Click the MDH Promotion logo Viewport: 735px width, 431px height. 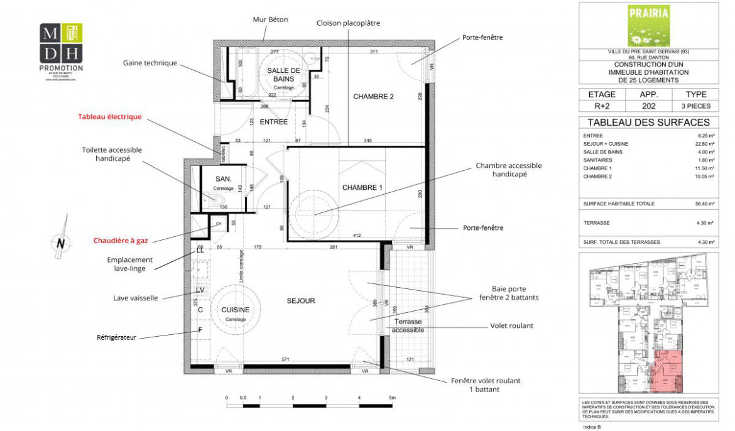click(61, 47)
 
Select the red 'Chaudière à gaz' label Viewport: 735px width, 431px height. click(122, 240)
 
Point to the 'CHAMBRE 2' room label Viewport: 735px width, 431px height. click(373, 96)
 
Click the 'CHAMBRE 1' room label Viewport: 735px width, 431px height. click(362, 188)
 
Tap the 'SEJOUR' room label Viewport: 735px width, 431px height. click(300, 301)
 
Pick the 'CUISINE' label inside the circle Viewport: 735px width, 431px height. click(235, 310)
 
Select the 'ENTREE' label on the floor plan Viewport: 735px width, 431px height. click(273, 122)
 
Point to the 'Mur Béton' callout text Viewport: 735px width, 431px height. click(269, 19)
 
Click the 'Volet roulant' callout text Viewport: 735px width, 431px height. click(511, 326)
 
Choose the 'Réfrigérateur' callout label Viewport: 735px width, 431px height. click(116, 337)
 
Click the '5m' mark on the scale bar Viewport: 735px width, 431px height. click(391, 398)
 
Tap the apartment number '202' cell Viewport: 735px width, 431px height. click(648, 106)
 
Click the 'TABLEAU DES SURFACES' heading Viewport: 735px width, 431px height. click(648, 123)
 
